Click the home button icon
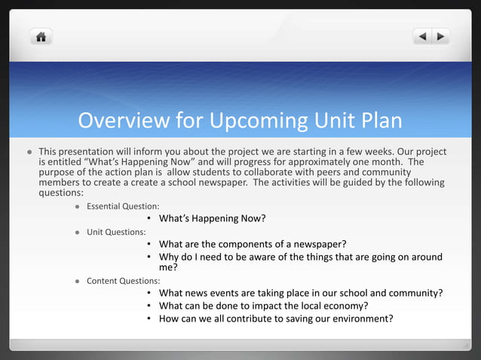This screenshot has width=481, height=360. (x=41, y=35)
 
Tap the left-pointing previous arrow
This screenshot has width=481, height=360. (x=423, y=35)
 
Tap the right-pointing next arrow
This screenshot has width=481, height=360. (x=440, y=35)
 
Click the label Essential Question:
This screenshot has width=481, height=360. (x=121, y=206)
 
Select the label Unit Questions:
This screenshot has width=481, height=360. (x=116, y=231)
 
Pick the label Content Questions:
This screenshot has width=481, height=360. (x=123, y=281)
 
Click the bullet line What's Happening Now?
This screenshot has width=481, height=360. (x=213, y=219)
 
